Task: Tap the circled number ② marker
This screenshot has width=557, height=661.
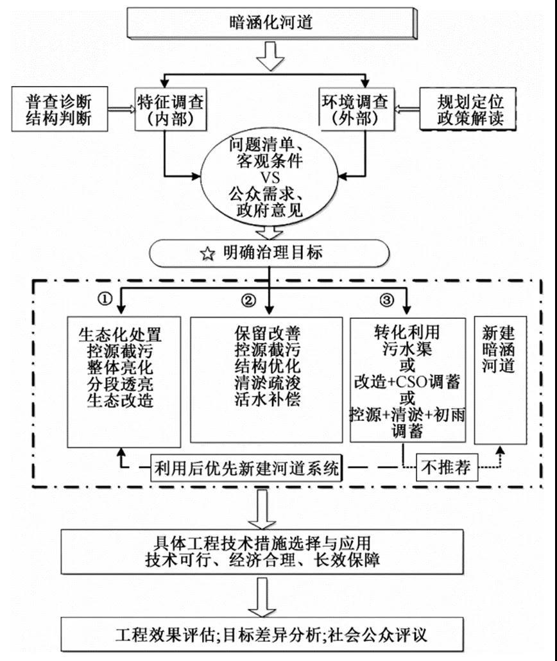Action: tap(248, 299)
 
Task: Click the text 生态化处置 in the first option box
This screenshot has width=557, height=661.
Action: tap(120, 334)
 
